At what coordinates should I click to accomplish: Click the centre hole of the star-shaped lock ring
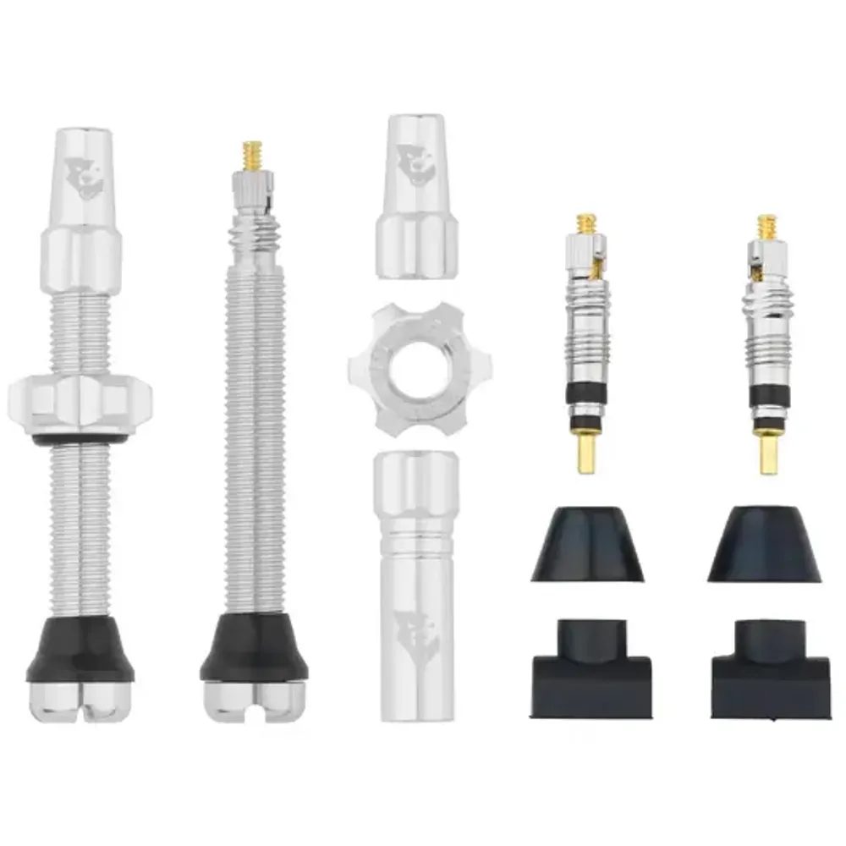[415, 367]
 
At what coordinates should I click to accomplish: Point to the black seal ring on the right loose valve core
[768, 398]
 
